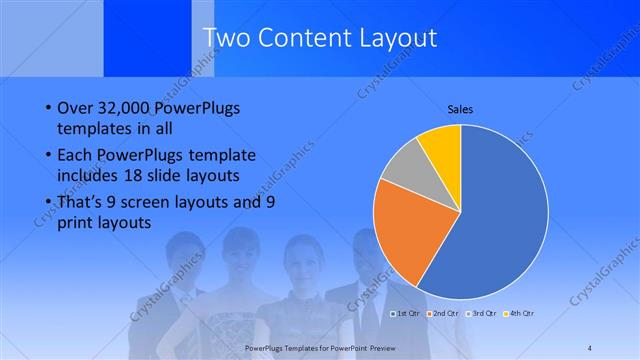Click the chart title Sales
[x=460, y=109]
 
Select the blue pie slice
[x=495, y=215]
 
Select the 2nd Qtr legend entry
[x=443, y=314]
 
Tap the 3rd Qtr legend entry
[x=481, y=314]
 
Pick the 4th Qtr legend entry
[x=519, y=314]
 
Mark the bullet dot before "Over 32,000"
[x=50, y=107]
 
